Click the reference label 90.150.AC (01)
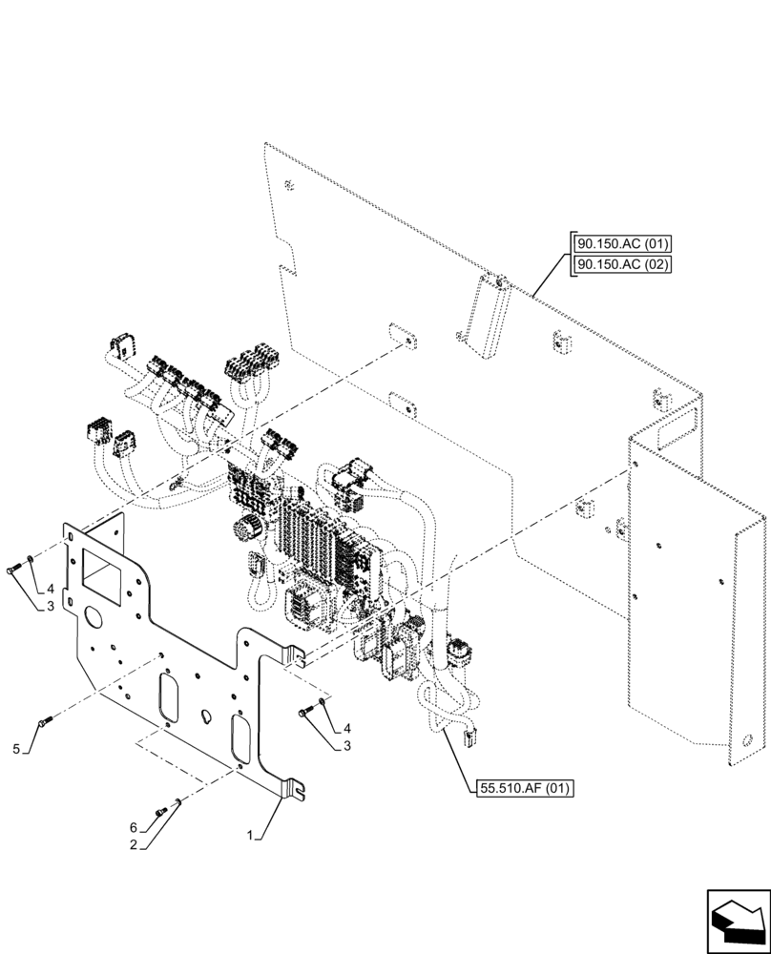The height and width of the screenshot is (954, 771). (622, 243)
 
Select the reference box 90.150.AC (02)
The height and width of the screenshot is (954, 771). (622, 264)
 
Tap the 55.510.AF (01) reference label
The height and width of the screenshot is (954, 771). (523, 788)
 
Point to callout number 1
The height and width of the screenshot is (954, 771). (250, 835)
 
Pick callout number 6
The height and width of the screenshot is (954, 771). (134, 826)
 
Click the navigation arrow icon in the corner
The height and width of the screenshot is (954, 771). (737, 918)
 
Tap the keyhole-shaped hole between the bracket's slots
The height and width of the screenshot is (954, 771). (204, 714)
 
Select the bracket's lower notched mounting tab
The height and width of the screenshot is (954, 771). (295, 787)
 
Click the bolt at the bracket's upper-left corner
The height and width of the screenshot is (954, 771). (13, 570)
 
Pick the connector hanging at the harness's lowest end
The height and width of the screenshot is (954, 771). (469, 734)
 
